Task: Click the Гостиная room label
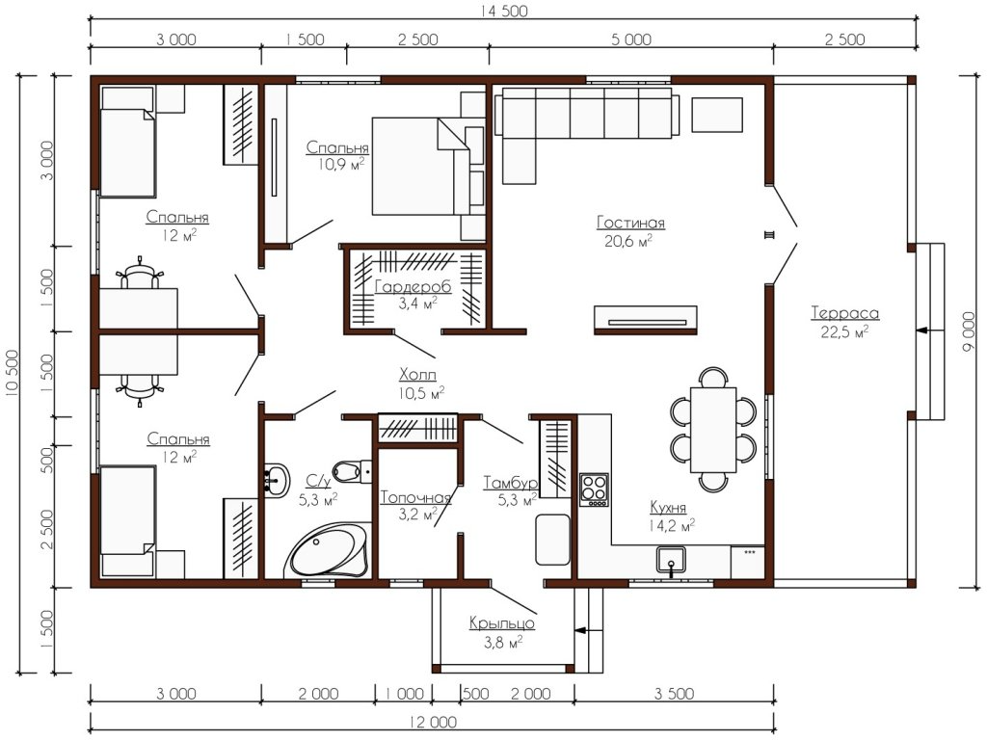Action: coord(630,223)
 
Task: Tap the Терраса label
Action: coord(844,313)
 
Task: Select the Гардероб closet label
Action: coord(413,287)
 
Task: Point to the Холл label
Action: coord(417,375)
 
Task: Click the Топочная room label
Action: coord(416,497)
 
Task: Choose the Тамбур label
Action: coord(511,483)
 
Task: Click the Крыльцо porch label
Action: coord(501,623)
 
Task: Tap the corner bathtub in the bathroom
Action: coord(329,549)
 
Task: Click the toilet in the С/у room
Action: coord(352,470)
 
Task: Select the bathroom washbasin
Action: coord(277,480)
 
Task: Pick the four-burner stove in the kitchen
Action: coord(594,489)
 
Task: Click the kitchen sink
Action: coord(671,560)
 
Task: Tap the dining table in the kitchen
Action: coord(713,430)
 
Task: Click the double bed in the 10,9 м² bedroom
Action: coord(420,167)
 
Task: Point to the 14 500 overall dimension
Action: coord(504,11)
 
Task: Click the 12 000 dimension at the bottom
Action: coord(433,722)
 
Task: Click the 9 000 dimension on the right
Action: coord(970,331)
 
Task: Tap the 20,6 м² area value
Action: coord(628,241)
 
